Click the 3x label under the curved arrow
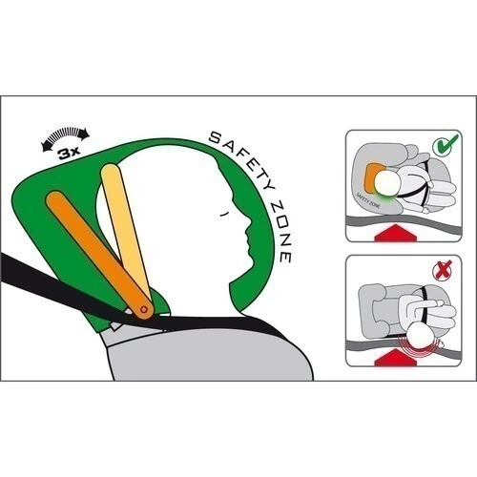(x=69, y=154)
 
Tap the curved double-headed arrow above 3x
(x=66, y=135)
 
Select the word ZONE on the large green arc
(x=280, y=232)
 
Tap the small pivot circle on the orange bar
(x=144, y=309)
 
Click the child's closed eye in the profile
(x=225, y=214)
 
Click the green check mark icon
(x=446, y=145)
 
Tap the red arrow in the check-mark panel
(x=395, y=232)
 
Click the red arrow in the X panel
(x=395, y=357)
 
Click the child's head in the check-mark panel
(x=388, y=183)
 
